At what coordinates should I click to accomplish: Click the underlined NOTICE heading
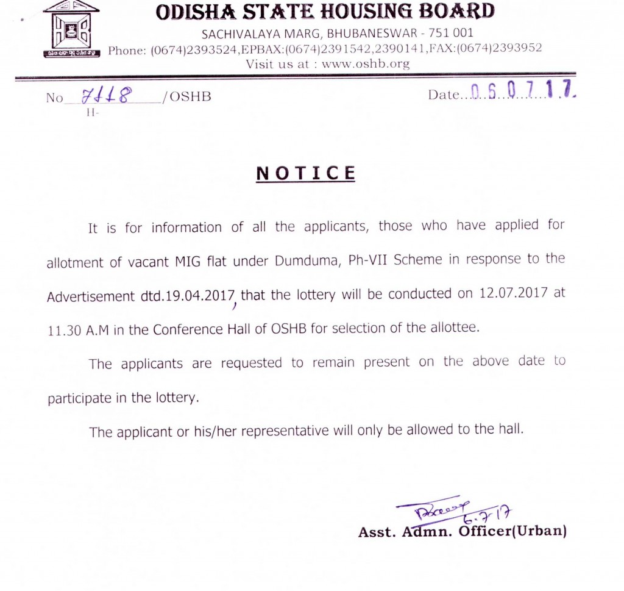(305, 173)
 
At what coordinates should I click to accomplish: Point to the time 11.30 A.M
(76, 329)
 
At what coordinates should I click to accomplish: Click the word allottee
(455, 328)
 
